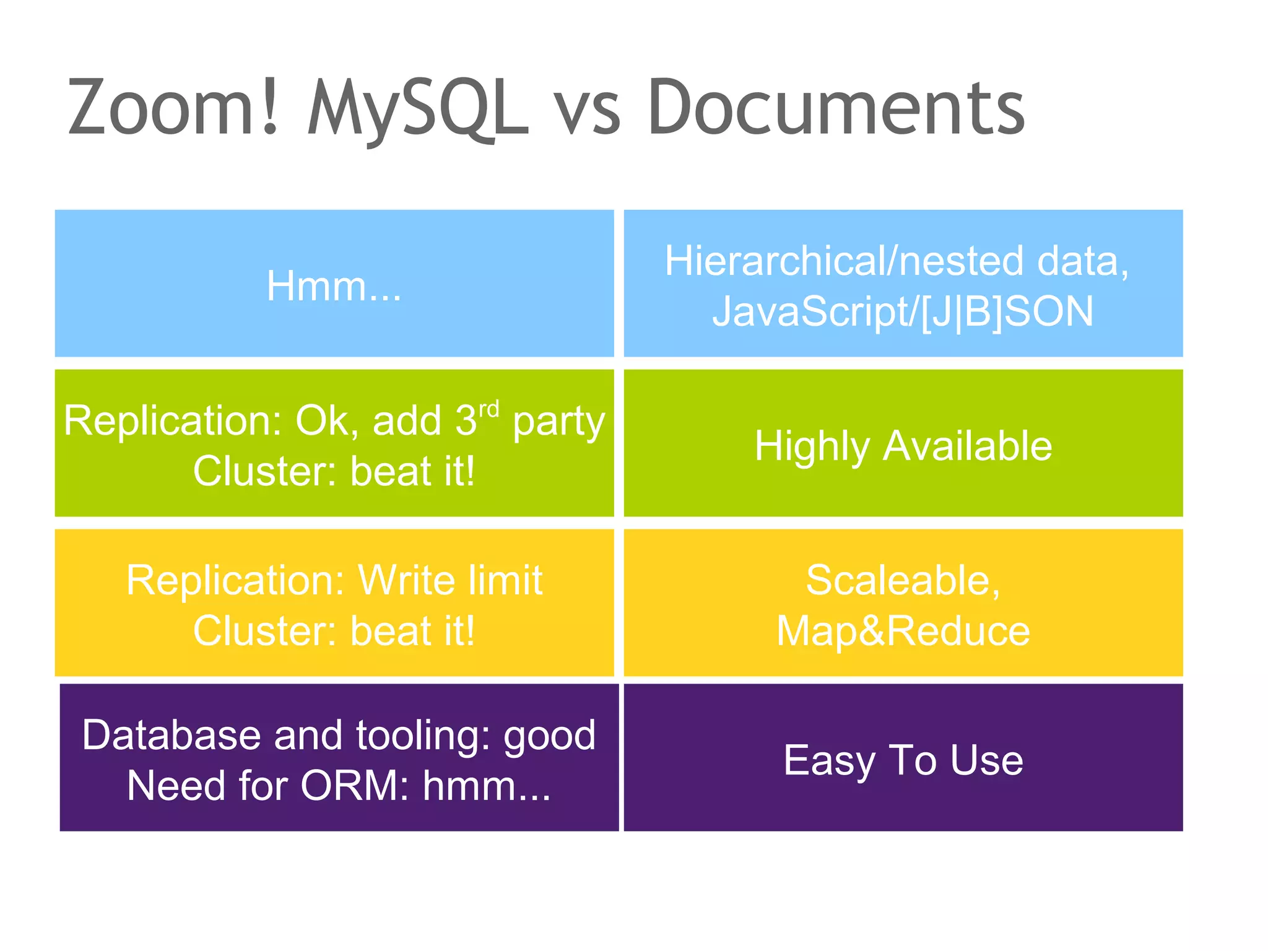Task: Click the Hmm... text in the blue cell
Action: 334,286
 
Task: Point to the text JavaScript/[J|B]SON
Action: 903,311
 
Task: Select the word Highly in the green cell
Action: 812,447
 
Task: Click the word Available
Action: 967,446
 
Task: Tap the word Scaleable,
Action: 903,581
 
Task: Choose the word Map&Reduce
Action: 903,632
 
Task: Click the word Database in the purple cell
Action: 172,736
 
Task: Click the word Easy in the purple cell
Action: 828,761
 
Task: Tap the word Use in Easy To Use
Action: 987,760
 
